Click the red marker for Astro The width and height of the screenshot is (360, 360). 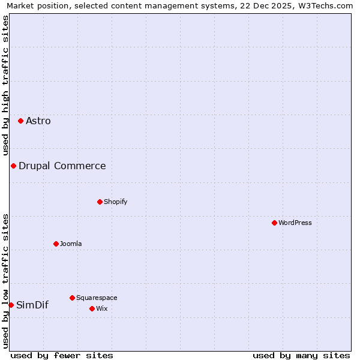click(20, 121)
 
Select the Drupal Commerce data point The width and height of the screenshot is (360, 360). click(13, 166)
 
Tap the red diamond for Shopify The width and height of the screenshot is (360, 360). click(100, 202)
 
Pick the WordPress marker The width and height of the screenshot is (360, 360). click(274, 223)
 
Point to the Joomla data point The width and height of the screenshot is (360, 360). click(56, 244)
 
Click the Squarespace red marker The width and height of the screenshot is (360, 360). click(72, 298)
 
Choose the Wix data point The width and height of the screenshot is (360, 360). click(92, 308)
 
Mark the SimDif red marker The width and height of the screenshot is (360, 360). click(11, 305)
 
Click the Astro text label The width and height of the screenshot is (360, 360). click(38, 121)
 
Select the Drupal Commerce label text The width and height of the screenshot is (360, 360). click(62, 166)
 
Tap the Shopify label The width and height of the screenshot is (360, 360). click(116, 202)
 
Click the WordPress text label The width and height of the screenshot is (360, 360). click(295, 223)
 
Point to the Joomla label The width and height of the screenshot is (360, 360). click(71, 244)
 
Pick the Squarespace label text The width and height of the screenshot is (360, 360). click(97, 298)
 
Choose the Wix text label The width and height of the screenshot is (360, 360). click(102, 308)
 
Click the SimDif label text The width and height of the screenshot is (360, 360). click(32, 305)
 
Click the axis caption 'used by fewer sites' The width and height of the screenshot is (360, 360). click(62, 355)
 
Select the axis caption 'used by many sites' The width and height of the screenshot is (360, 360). click(301, 355)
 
